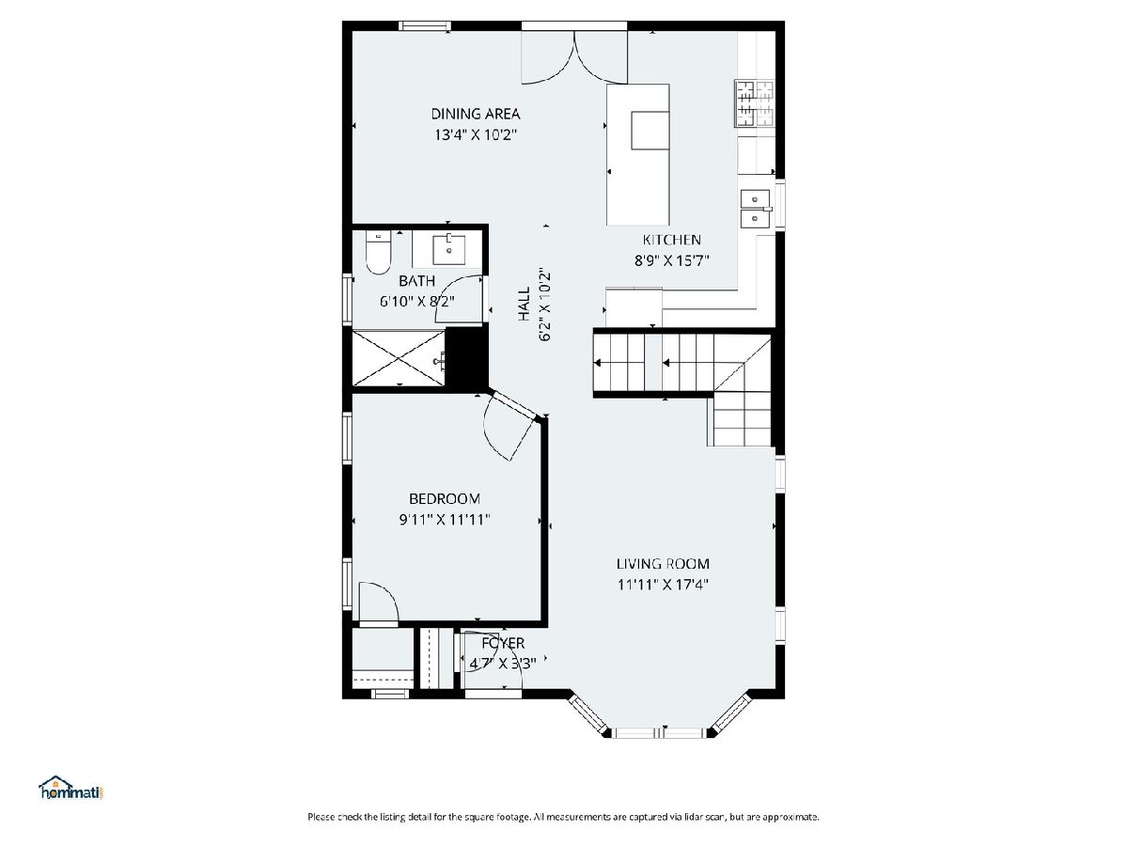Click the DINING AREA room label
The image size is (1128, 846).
(476, 114)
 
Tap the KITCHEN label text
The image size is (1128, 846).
(672, 240)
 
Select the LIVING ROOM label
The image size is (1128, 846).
(663, 563)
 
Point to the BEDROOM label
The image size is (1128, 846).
(445, 498)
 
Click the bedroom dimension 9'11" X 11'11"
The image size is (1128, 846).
(445, 520)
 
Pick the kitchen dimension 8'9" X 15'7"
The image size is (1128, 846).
(672, 261)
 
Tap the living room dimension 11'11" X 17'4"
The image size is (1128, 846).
(663, 585)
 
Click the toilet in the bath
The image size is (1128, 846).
(378, 252)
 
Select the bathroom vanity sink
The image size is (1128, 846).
(448, 250)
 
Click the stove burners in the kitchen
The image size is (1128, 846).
(755, 103)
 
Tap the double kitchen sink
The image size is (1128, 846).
(755, 208)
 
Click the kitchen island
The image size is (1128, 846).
(637, 154)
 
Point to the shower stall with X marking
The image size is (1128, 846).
(399, 358)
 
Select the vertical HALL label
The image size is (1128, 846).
(524, 304)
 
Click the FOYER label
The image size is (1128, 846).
(503, 643)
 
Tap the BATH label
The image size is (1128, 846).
(416, 280)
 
